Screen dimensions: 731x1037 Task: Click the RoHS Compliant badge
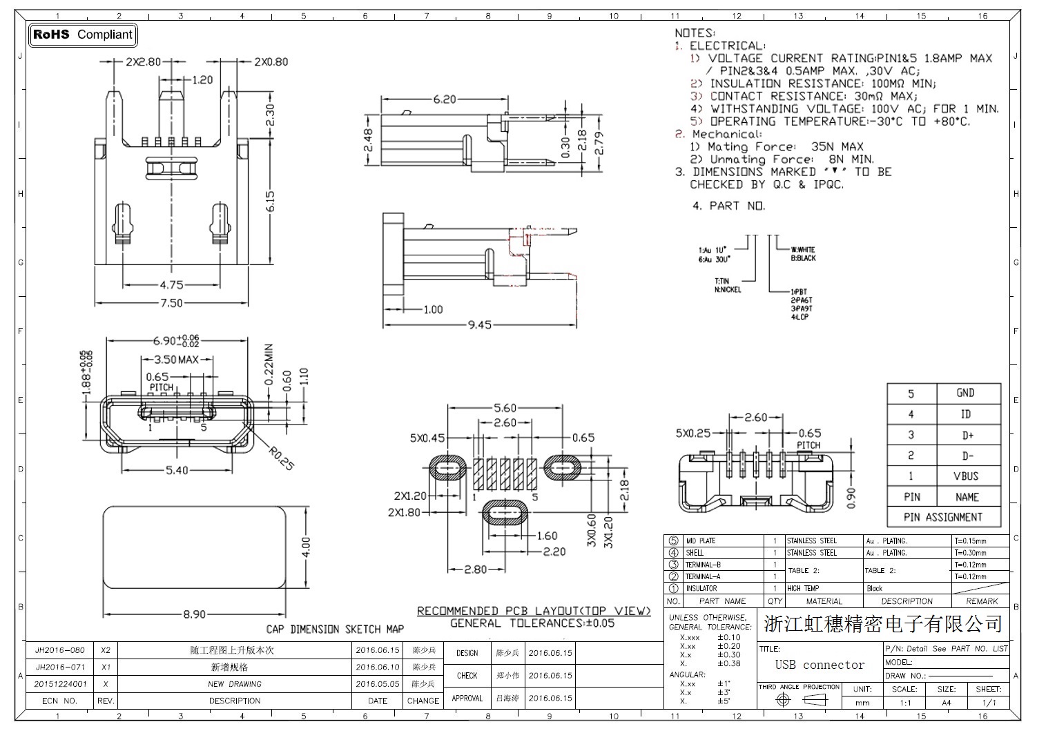pos(83,35)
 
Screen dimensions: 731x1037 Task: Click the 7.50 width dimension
pos(171,303)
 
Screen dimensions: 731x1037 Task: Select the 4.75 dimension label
pos(171,284)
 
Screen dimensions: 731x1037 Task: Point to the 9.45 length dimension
pos(479,324)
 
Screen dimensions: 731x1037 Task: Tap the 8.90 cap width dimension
pos(194,614)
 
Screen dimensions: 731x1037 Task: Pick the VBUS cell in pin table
pos(967,476)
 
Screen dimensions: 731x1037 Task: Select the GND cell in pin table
pos(965,393)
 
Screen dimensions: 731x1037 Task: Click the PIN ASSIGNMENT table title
pos(943,517)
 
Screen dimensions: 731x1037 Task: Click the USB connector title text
pos(820,665)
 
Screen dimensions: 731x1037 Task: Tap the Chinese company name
pos(883,624)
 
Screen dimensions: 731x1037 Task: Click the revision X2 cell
pos(106,650)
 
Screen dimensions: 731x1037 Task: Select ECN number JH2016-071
pos(60,667)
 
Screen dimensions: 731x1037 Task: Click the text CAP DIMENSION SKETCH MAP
pos(335,629)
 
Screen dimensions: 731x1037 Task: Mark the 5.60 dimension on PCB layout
pos(505,408)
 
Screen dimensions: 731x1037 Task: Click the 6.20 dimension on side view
pos(445,99)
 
